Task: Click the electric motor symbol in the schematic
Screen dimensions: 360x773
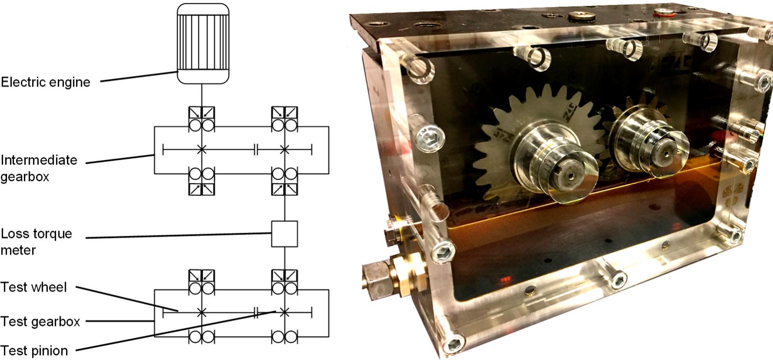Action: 203,43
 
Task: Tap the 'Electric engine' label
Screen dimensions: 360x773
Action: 46,82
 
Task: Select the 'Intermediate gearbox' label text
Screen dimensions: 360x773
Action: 39,168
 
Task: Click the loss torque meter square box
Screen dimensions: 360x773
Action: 284,234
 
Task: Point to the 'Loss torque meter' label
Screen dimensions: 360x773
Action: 36,241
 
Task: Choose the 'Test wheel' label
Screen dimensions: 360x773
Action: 34,287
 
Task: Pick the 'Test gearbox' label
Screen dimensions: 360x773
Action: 40,321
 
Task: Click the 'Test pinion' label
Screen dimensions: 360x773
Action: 34,350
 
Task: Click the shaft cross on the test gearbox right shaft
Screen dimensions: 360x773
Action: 284,312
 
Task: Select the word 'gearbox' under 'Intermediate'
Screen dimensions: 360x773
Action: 25,177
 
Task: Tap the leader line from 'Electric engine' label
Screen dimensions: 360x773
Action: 139,76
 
